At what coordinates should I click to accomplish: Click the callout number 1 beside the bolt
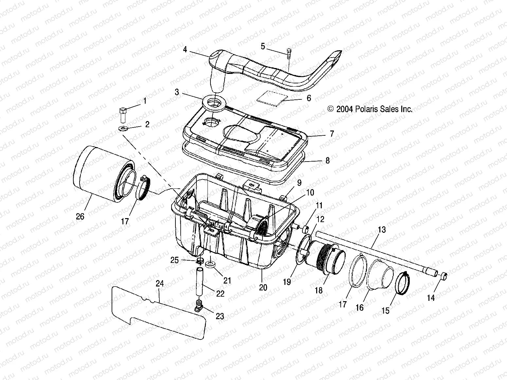[144, 101]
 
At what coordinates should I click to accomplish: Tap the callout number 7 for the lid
[332, 133]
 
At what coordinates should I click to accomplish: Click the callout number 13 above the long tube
[382, 230]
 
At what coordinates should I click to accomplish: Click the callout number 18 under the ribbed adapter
[318, 290]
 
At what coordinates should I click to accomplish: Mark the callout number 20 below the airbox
[263, 287]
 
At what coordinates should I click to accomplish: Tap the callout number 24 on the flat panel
[159, 284]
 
